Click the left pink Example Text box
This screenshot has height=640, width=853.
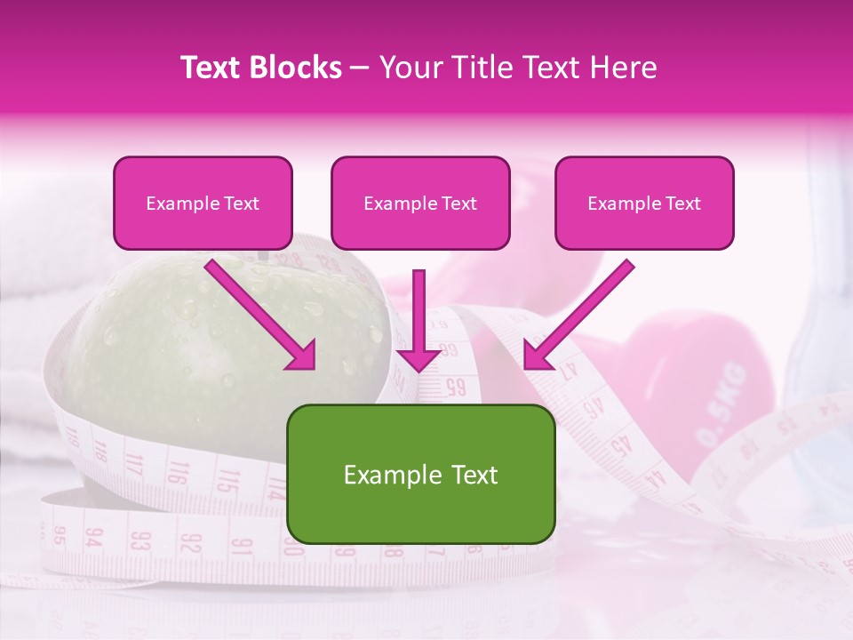click(x=203, y=203)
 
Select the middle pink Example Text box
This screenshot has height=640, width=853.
click(x=420, y=203)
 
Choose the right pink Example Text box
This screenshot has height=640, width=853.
click(x=644, y=203)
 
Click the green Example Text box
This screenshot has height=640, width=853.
click(x=421, y=474)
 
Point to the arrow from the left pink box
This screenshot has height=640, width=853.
click(x=261, y=315)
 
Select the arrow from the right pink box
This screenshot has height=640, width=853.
click(x=578, y=315)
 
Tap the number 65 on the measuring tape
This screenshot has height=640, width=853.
click(x=455, y=387)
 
